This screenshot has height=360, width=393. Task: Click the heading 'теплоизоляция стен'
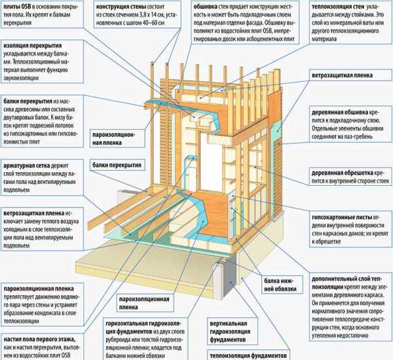324,7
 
